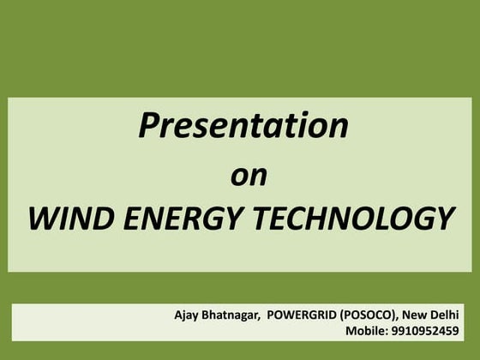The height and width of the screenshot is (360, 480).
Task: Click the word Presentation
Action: pyautogui.click(x=243, y=126)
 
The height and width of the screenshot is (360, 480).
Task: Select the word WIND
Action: pyautogui.click(x=65, y=219)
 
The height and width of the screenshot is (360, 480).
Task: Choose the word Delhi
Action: pyautogui.click(x=444, y=315)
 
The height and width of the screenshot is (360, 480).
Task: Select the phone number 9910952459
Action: pyautogui.click(x=423, y=330)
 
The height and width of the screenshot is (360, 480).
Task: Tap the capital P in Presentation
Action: pyautogui.click(x=149, y=126)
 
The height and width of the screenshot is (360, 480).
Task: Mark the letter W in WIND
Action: pyautogui.click(x=41, y=219)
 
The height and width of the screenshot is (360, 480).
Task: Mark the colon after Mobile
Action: pyautogui.click(x=386, y=331)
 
